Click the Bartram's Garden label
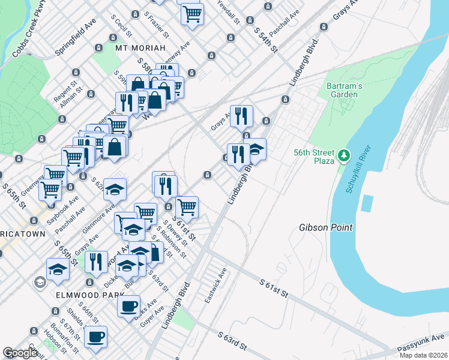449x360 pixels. [x=344, y=90]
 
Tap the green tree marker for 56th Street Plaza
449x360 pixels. [x=343, y=156]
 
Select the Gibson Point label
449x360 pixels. [x=325, y=228]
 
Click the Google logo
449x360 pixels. [x=20, y=353]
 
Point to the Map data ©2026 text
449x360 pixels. [x=423, y=355]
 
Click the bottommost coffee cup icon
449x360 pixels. [x=95, y=337]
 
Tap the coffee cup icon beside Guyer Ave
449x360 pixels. [x=128, y=307]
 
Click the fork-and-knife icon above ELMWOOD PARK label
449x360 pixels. [x=95, y=261]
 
